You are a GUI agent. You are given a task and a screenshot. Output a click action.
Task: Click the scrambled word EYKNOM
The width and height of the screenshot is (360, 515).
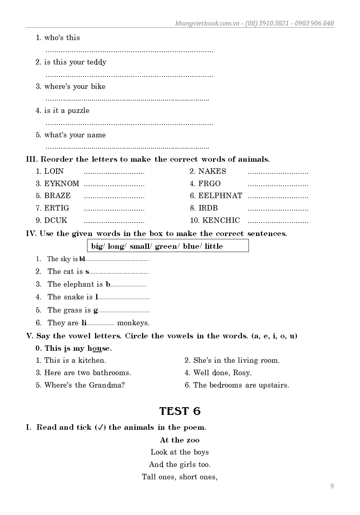click(62, 184)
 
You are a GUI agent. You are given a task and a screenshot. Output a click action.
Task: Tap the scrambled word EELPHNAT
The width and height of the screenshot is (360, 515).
click(220, 196)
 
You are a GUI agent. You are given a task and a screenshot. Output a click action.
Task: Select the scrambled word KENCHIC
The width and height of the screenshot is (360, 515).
click(221, 220)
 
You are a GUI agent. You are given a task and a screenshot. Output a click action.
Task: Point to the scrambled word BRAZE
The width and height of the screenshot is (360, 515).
click(57, 196)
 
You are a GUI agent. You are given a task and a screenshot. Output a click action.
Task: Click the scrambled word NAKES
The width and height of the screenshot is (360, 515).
click(212, 171)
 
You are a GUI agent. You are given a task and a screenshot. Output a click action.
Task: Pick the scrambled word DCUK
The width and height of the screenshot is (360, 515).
click(56, 220)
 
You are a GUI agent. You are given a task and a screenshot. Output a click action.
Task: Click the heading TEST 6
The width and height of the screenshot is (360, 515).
click(180, 411)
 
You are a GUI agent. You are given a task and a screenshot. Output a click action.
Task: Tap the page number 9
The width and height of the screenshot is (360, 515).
click(332, 486)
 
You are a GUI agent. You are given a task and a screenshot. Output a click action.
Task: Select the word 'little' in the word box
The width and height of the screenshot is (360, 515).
click(214, 246)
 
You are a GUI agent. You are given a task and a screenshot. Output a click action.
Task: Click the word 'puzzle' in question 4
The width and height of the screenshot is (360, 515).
click(78, 111)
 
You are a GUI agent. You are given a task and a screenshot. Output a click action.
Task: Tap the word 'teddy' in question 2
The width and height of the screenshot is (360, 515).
click(97, 62)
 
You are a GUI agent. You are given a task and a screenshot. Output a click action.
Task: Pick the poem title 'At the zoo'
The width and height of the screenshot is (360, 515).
click(180, 440)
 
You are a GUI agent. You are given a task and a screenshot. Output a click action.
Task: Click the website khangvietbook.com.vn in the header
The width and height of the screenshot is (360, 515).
click(207, 23)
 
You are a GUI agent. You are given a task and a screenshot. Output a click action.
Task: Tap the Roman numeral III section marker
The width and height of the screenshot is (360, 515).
click(31, 159)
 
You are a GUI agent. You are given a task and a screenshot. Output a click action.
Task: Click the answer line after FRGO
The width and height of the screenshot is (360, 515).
click(278, 185)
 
